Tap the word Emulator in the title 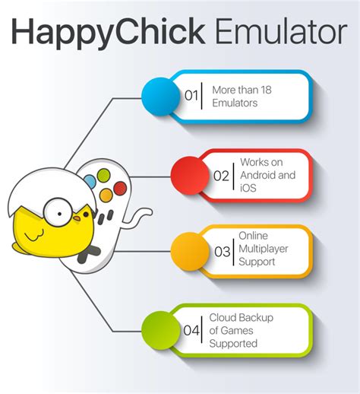click(281, 31)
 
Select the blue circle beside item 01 click(160, 97)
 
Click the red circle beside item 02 click(190, 176)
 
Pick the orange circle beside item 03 click(190, 251)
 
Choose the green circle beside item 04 click(160, 330)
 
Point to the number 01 click(191, 96)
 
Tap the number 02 click(221, 176)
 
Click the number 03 click(223, 252)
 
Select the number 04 click(191, 331)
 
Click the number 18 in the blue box click(266, 90)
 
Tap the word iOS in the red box click(248, 188)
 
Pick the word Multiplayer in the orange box click(264, 249)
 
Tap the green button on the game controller click(104, 176)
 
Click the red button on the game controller click(120, 189)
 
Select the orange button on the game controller click(106, 195)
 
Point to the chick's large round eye click(58, 212)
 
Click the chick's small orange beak click(77, 218)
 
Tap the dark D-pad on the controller click(88, 254)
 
